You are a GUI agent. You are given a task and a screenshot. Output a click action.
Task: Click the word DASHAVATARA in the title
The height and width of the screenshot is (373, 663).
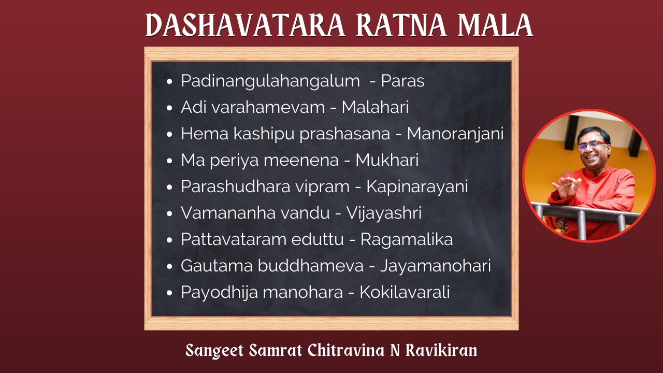(246, 25)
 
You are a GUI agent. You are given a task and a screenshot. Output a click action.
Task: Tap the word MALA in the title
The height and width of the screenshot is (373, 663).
(496, 25)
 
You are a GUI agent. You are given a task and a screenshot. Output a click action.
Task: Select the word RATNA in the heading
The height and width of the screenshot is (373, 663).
(401, 25)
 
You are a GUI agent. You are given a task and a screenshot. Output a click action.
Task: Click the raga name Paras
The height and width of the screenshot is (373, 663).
(402, 80)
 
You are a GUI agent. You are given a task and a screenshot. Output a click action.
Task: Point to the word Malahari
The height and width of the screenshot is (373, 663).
(376, 107)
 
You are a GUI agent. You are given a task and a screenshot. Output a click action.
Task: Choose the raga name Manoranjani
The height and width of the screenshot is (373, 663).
(455, 134)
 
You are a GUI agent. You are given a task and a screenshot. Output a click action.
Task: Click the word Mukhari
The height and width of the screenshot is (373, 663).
(387, 160)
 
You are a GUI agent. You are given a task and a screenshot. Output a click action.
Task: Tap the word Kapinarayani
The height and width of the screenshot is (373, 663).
(417, 187)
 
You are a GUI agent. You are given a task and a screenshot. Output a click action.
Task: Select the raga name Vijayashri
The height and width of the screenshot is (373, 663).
(384, 213)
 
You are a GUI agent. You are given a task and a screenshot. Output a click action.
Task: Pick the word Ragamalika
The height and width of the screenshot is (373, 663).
(407, 239)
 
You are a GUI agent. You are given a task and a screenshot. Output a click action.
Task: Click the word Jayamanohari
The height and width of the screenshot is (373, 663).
(436, 266)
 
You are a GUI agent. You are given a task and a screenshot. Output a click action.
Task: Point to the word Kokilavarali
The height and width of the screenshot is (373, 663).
(405, 292)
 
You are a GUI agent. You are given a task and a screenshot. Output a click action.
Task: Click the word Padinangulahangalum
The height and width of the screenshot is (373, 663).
(270, 81)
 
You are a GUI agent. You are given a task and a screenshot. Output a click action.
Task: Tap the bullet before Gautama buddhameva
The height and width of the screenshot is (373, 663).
(169, 266)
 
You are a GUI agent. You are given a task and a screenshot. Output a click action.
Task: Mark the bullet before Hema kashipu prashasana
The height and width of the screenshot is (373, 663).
(169, 134)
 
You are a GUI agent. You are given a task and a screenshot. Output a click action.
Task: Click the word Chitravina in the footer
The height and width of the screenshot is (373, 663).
(346, 350)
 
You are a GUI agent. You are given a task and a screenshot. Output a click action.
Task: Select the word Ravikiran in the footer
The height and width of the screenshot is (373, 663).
(441, 350)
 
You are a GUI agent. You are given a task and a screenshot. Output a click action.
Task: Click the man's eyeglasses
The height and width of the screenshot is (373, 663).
(592, 146)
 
